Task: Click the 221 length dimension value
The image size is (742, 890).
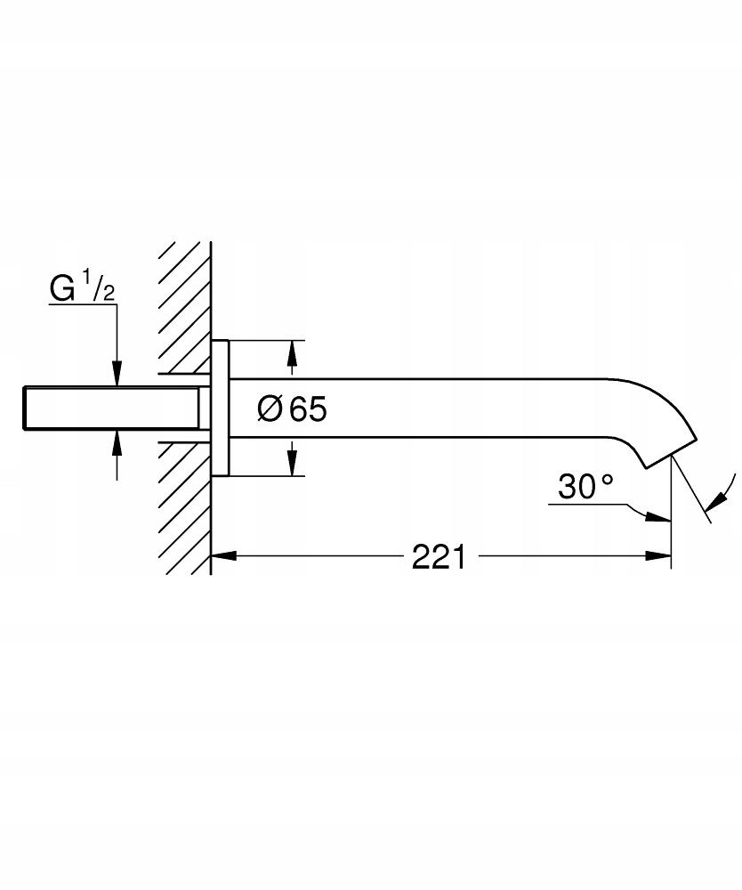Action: tap(439, 557)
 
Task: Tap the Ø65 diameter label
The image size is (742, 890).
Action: tap(293, 409)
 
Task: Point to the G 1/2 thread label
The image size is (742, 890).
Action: tap(83, 289)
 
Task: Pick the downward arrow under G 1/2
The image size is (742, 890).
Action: tap(116, 375)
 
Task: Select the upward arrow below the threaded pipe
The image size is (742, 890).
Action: tap(116, 441)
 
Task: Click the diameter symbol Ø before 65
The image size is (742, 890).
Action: tap(270, 409)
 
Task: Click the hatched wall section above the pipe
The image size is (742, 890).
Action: tap(184, 303)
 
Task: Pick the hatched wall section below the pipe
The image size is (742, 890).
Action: tap(184, 507)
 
